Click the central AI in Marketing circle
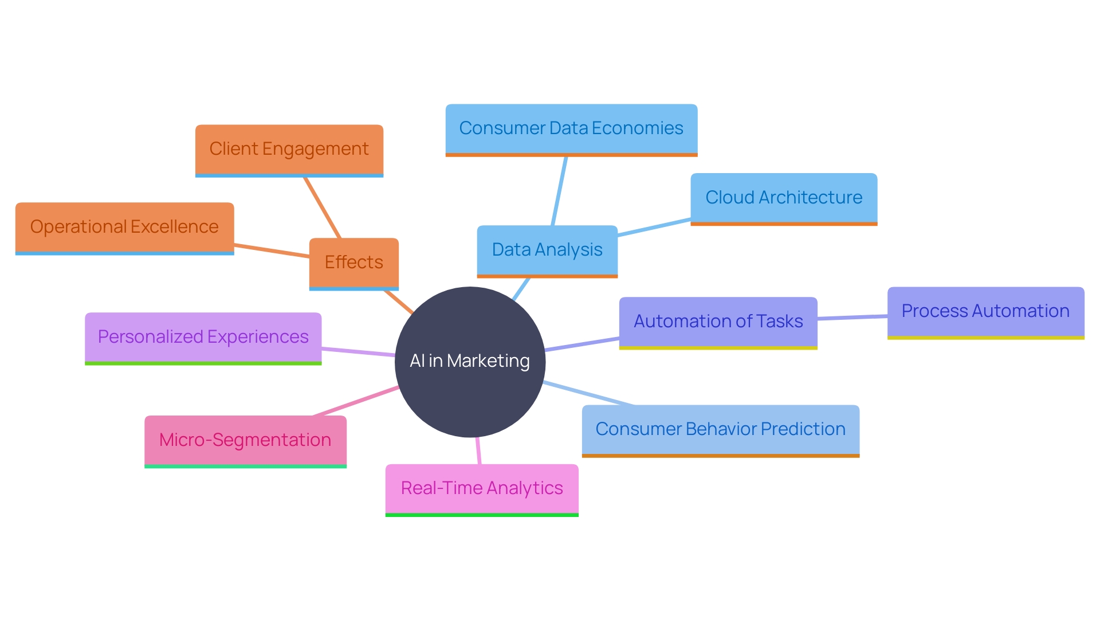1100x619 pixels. pos(470,362)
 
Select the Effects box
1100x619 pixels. pos(353,263)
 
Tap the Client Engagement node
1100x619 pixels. pos(289,149)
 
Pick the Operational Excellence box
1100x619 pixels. pos(124,227)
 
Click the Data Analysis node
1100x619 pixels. pos(547,250)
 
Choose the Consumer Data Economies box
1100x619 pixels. pos(571,128)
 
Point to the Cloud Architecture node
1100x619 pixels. pos(783,198)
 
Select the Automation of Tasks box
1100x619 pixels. pos(718,322)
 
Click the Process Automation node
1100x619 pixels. pos(985,311)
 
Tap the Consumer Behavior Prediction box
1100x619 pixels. pos(720,429)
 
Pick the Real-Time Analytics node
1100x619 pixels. pos(482,488)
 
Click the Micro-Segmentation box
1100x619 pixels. pos(245,440)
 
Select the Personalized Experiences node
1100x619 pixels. pos(203,337)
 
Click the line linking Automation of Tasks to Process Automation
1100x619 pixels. pos(852,317)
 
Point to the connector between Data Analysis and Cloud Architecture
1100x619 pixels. pos(654,227)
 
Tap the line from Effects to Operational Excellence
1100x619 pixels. pos(272,250)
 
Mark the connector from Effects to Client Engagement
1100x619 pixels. pos(322,207)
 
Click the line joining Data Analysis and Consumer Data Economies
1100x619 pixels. pos(559,191)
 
